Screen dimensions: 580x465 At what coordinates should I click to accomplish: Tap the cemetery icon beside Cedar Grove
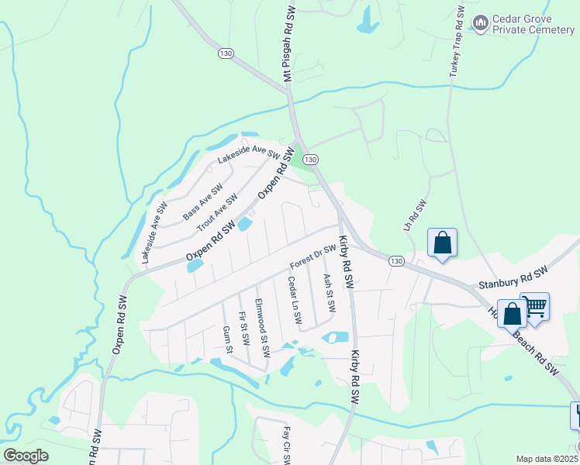(481, 25)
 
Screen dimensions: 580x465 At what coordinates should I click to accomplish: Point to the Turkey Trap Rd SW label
(456, 43)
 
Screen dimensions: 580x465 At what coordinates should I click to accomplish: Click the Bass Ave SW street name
(202, 201)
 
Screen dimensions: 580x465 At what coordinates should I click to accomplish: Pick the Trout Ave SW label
(216, 213)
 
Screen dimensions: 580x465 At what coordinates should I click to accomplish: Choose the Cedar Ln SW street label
(294, 300)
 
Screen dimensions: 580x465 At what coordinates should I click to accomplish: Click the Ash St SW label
(329, 292)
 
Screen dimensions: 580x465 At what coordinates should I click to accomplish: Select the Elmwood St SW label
(262, 328)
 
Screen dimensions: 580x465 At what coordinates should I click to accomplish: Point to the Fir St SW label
(243, 329)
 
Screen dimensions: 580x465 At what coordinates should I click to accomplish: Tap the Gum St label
(228, 339)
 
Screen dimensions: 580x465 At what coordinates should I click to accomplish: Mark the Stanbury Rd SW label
(513, 276)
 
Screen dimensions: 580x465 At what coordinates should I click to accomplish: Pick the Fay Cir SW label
(286, 445)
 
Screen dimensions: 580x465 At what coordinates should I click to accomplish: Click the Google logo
(26, 456)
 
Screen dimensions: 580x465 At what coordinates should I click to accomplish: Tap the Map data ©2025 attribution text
(547, 459)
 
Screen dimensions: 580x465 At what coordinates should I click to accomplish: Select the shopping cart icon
(535, 307)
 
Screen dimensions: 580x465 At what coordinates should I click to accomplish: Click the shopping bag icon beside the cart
(512, 314)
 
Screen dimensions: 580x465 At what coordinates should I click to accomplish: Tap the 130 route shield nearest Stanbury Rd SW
(396, 260)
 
